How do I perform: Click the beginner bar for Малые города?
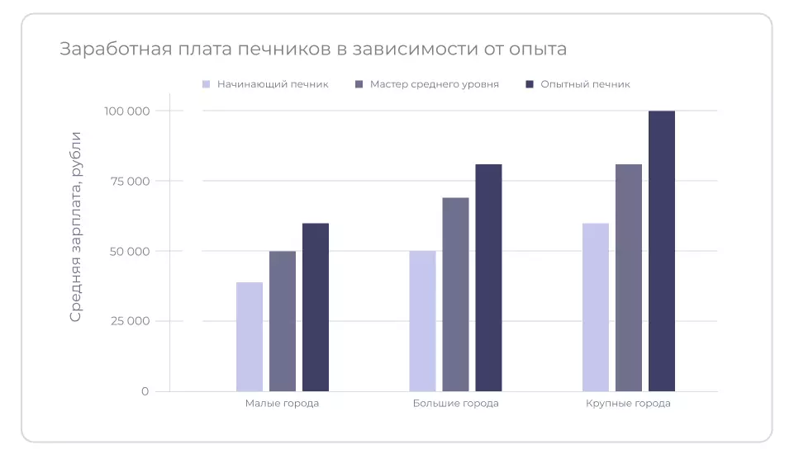250,337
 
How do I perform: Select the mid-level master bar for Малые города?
283,321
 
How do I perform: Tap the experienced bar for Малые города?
316,307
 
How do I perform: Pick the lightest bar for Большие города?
422,321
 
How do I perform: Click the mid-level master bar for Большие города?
455,295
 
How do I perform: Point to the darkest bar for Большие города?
488,278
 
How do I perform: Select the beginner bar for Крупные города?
596,307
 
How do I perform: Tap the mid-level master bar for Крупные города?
629,278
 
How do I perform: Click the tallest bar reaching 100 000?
662,251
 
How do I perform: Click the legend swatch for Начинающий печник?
207,84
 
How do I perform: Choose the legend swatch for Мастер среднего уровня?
359,84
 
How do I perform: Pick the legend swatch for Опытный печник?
530,84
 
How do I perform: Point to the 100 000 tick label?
126,111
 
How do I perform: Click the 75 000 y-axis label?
130,182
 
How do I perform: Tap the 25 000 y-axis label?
130,321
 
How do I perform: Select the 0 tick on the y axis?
145,391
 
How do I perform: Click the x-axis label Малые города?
282,404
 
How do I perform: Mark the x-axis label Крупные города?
628,404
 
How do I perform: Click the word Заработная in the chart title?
112,50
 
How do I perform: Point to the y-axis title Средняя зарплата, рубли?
76,226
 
